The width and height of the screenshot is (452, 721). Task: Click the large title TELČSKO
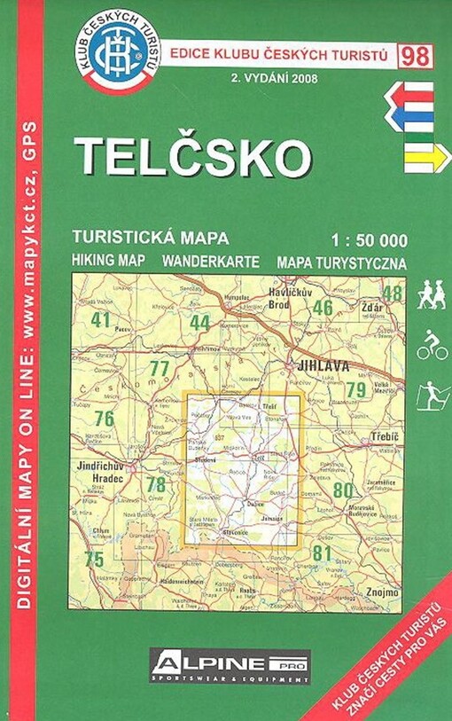[x=192, y=157]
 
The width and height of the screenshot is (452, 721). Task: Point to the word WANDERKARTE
[x=211, y=263]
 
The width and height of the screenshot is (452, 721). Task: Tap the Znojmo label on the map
[x=383, y=591]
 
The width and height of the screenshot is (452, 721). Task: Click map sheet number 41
[x=100, y=319]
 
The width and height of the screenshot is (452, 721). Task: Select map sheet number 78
[x=156, y=484]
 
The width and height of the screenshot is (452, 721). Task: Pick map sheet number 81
[x=323, y=553]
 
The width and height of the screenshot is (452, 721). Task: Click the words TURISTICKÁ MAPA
[x=152, y=238]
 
